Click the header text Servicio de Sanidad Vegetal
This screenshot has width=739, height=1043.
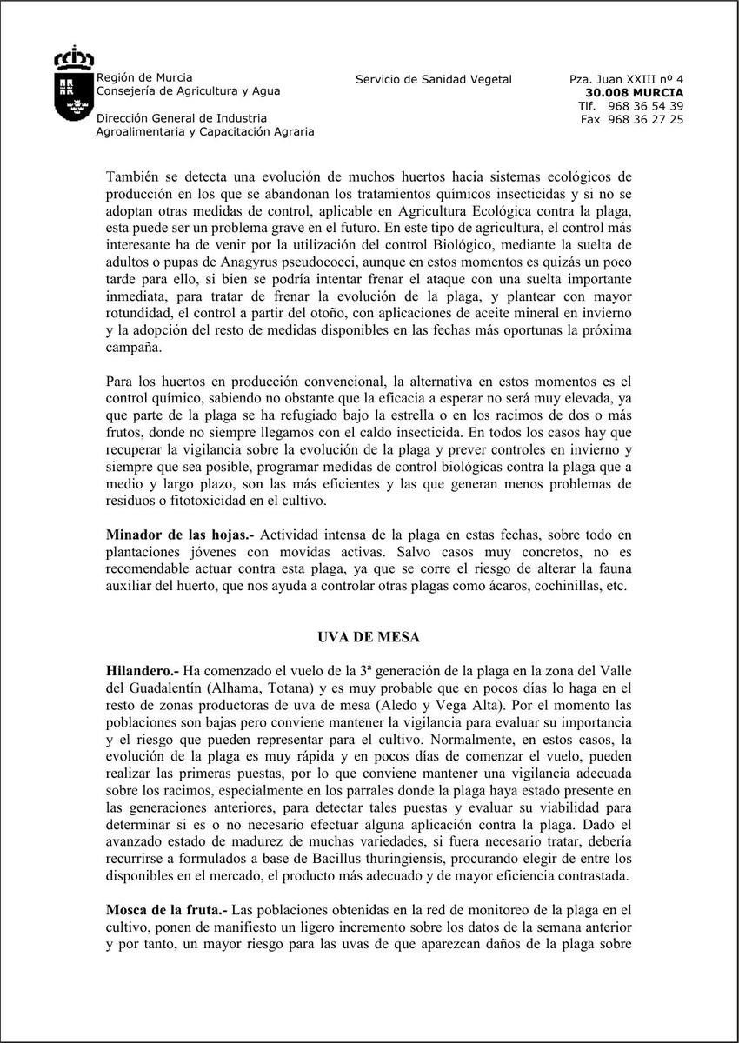(434, 80)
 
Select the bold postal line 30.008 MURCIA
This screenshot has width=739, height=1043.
(634, 93)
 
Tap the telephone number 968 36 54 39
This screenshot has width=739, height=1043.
(644, 106)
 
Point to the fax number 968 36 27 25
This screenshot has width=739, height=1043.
(644, 120)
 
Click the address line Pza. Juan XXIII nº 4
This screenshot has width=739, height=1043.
(626, 80)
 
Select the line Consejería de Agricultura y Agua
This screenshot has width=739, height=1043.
(188, 91)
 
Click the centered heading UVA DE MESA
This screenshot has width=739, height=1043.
(369, 637)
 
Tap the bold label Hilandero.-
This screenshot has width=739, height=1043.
(143, 671)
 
